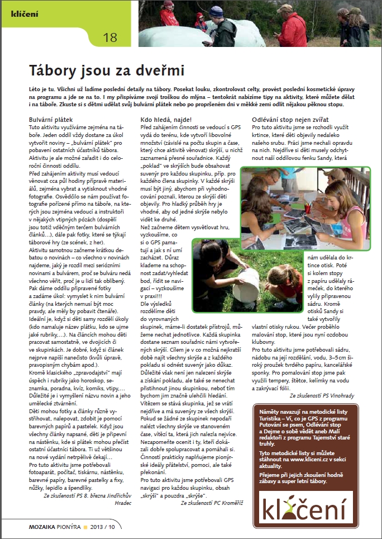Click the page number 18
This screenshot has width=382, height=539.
point(110,37)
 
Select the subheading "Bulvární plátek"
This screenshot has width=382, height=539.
point(51,120)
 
